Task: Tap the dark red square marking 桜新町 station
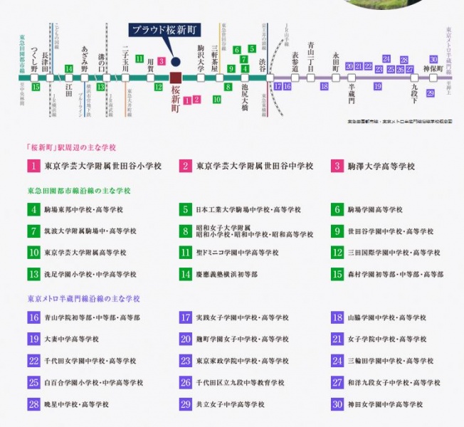coord(176,77)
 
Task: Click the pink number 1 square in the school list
coord(33,166)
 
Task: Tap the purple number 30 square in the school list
coord(337,404)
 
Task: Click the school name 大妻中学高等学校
coord(71,339)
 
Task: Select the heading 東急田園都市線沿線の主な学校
coord(78,191)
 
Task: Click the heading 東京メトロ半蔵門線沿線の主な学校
coord(83,299)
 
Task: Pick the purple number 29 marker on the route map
coord(431,93)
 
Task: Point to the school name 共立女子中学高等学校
coord(230,404)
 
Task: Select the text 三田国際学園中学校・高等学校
coord(394,253)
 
